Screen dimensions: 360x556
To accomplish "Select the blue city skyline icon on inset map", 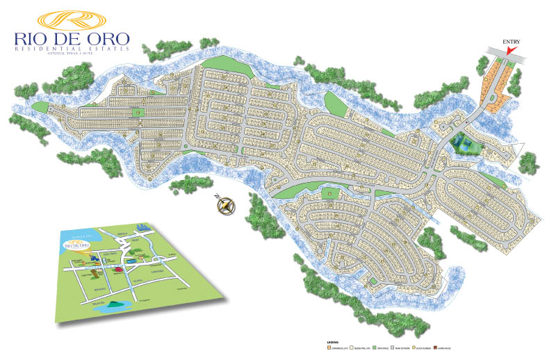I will click(x=143, y=228).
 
